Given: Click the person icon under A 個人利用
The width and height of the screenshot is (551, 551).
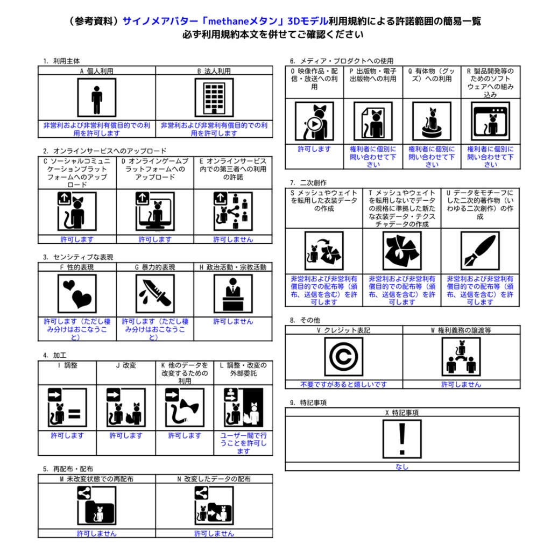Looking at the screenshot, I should (96, 97).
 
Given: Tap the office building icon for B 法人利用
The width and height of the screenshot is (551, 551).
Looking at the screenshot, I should (214, 97).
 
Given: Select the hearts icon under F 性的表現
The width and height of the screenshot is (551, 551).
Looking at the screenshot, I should (77, 294).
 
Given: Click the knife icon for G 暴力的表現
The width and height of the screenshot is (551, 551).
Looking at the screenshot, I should (154, 294).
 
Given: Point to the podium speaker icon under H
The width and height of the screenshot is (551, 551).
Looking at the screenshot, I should (233, 294).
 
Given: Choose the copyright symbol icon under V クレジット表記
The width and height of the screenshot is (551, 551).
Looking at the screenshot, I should (343, 357).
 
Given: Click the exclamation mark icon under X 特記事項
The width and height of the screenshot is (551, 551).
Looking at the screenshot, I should (402, 439).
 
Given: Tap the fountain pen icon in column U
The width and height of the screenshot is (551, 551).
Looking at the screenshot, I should (480, 251).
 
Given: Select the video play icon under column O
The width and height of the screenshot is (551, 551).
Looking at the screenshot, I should (314, 121).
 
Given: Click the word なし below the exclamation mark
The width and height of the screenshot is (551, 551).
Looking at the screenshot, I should (402, 467).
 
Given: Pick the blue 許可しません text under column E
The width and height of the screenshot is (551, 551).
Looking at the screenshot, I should (233, 239).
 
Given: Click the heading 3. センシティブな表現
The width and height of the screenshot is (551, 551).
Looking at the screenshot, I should (78, 257).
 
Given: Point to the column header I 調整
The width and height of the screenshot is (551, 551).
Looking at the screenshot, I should (67, 365).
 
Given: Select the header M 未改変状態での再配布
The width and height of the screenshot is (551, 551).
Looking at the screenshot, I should (97, 479).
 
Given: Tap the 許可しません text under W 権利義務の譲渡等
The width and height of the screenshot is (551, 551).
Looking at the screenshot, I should (461, 385).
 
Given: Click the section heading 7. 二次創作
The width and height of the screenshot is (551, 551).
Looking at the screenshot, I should (308, 183).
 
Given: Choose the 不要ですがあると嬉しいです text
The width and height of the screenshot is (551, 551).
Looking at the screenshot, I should (343, 385).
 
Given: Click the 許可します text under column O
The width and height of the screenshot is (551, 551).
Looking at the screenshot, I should (314, 149).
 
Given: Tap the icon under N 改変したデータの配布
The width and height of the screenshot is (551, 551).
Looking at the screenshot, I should (214, 506).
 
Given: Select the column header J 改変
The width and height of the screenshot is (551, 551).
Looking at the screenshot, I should (126, 365).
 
